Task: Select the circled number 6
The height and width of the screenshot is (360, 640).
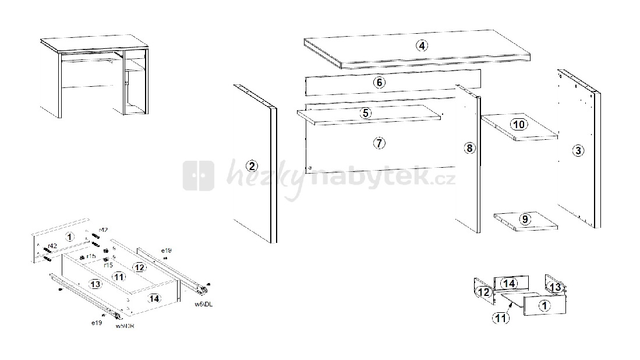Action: tap(379, 83)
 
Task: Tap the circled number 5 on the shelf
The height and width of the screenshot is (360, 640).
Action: tap(365, 113)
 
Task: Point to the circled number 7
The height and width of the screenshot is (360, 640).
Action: tap(379, 143)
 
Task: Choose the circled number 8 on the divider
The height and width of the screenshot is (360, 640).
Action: tap(470, 148)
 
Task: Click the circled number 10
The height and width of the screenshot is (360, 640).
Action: tap(518, 124)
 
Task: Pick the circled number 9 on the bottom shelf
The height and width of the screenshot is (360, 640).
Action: tap(525, 220)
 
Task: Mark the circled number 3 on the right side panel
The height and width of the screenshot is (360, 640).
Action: tap(578, 151)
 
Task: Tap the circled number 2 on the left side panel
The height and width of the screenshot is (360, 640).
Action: tap(252, 166)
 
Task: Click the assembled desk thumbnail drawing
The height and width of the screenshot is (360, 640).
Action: tap(93, 76)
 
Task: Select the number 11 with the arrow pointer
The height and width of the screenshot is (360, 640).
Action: tap(500, 318)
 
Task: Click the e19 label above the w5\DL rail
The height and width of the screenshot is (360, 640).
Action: tap(166, 250)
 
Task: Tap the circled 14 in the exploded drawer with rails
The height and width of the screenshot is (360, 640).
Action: tap(154, 298)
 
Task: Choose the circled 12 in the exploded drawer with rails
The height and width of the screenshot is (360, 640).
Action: tap(138, 267)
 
